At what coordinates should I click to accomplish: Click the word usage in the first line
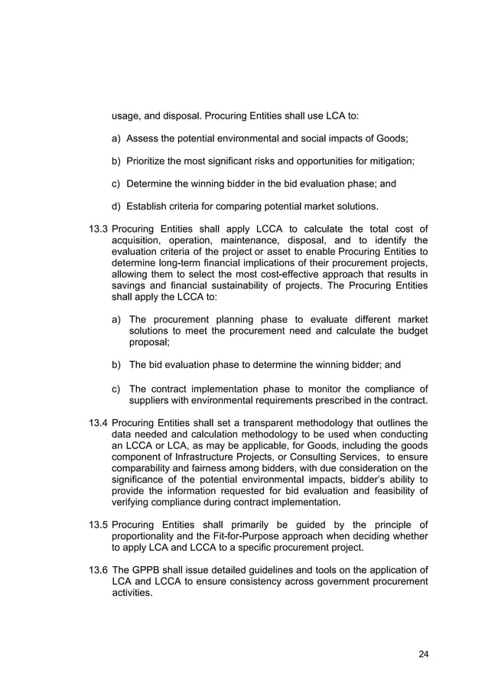126,116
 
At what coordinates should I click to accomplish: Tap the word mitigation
388,161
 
